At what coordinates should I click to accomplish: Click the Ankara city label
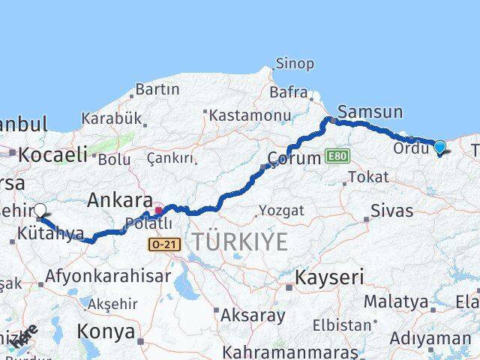point(120,200)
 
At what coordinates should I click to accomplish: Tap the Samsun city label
point(370,112)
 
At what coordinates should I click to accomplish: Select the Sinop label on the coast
point(295,64)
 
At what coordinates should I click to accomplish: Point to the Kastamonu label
point(250,115)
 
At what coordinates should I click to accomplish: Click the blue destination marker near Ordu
point(439,148)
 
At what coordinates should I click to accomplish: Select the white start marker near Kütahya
point(40,211)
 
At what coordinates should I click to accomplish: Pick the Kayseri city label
point(329,277)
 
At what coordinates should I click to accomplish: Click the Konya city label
point(106,331)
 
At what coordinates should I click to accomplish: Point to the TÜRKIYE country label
point(239,241)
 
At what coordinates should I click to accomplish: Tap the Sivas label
point(392,211)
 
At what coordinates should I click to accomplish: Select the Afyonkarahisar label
point(108,276)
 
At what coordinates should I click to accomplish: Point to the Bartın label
point(157,89)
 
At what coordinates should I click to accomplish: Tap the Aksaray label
point(252,315)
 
